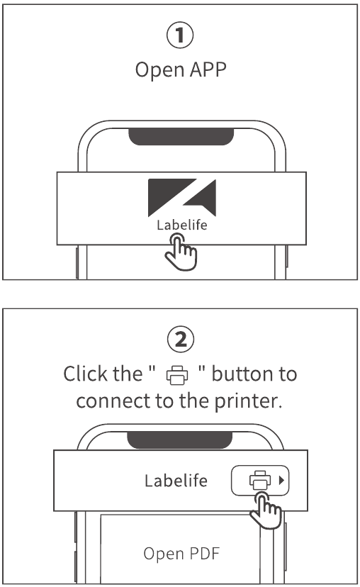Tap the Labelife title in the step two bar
tap(176, 481)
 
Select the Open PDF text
tap(180, 553)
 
